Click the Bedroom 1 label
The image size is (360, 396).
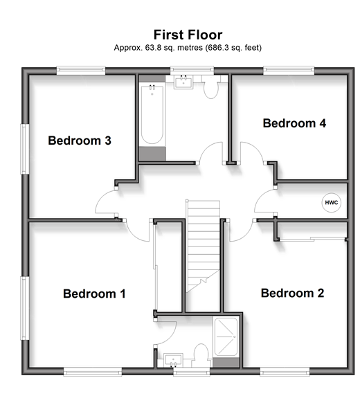[94, 294]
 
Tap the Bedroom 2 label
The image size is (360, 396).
[292, 293]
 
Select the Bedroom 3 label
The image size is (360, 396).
[80, 141]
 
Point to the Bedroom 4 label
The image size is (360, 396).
[294, 123]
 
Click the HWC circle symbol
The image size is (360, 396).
[331, 203]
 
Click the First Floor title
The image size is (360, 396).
[188, 35]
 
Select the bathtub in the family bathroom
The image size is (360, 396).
[152, 114]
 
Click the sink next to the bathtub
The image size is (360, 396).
[183, 82]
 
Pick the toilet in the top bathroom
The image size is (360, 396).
[210, 87]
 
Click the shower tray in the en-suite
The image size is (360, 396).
[226, 337]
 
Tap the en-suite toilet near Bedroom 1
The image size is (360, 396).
[201, 354]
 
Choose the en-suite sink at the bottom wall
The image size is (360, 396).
[173, 360]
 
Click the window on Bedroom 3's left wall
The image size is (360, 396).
[24, 149]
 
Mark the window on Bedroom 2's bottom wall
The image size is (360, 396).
[285, 372]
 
